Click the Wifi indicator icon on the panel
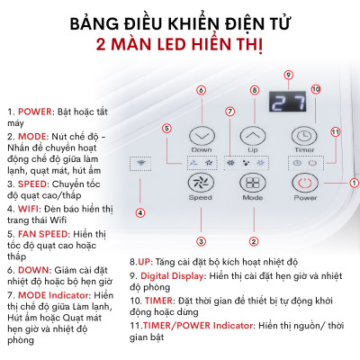(x=139, y=164)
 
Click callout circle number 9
(x=288, y=74)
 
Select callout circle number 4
(x=139, y=212)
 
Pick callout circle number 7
(x=230, y=112)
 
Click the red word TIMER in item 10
(x=164, y=299)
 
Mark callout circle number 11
(x=334, y=131)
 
